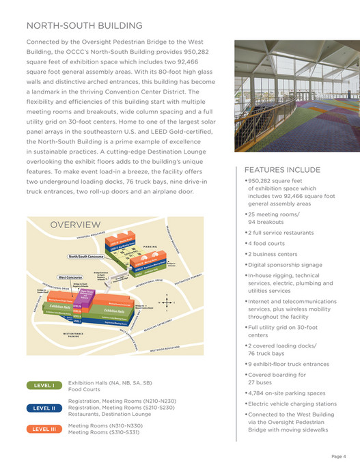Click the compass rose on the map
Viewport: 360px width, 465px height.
(166, 303)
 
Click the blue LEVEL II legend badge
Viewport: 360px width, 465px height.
(44, 408)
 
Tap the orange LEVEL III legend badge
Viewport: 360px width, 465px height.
(44, 429)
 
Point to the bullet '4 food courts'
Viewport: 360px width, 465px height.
(268, 242)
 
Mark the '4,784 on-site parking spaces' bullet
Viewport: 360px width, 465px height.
(286, 393)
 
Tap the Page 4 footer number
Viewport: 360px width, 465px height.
(340, 455)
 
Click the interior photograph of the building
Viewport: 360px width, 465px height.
(290, 98)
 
